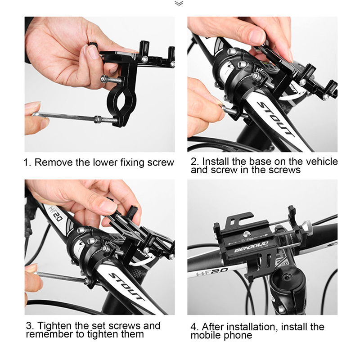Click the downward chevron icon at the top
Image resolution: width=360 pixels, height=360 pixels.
coord(179,3)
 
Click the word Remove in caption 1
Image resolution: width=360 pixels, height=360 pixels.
coord(54,162)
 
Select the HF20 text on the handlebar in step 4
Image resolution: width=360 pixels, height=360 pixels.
coord(212,272)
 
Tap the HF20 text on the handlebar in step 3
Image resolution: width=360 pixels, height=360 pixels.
coord(55,213)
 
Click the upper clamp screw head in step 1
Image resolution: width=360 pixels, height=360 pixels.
coord(103,79)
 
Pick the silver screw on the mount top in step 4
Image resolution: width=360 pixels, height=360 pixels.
coord(247,234)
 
